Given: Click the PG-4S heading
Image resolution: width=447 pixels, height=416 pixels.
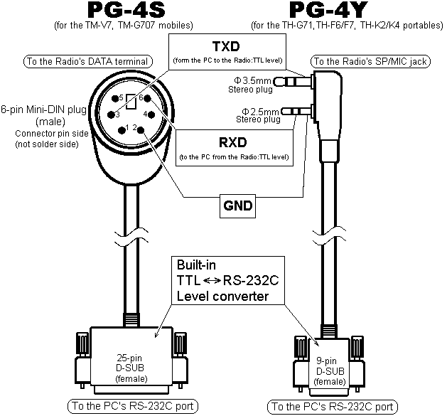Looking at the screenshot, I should pyautogui.click(x=123, y=11).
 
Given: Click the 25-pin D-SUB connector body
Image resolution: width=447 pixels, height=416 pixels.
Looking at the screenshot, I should pyautogui.click(x=129, y=366).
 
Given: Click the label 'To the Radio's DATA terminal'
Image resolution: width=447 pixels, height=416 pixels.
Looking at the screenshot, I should pyautogui.click(x=86, y=62).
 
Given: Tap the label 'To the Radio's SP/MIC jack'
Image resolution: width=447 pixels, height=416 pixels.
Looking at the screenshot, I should pyautogui.click(x=370, y=62).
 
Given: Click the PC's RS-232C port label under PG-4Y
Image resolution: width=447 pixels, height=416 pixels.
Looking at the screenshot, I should pyautogui.click(x=331, y=407).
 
